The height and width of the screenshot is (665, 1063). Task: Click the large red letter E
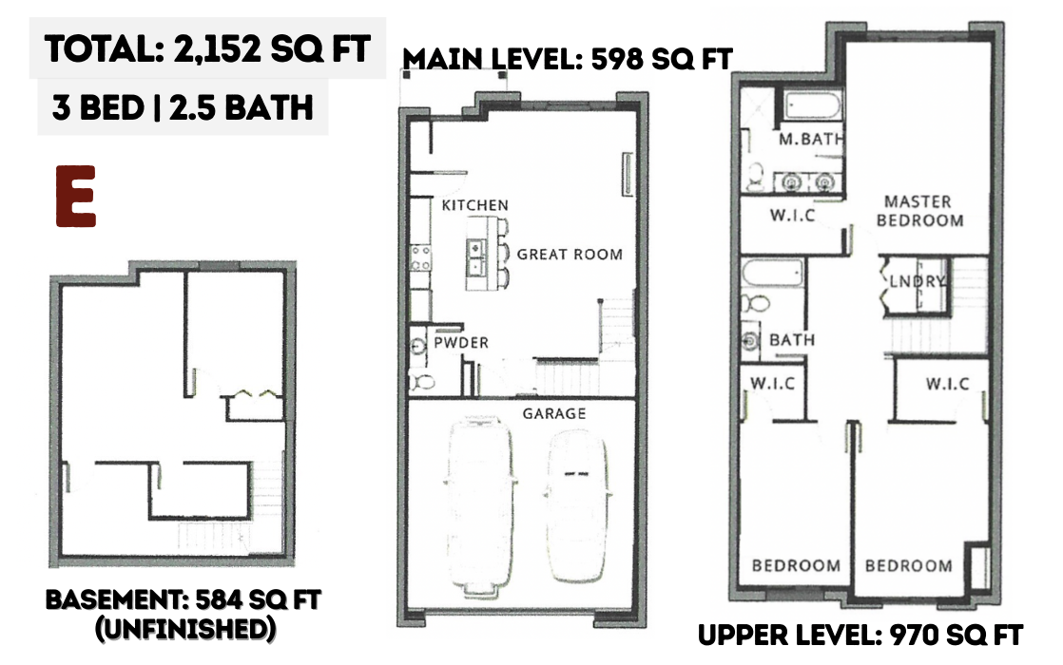76,197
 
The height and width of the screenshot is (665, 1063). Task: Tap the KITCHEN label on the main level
474,205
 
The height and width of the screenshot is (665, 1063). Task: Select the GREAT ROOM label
570,255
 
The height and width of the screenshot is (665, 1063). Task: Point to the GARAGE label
554,413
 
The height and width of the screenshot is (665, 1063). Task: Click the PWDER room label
461,343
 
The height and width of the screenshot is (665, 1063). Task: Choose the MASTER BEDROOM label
919,211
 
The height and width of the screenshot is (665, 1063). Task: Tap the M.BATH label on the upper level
811,140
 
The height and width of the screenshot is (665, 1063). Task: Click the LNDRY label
917,281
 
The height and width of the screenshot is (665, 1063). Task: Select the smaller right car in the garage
576,505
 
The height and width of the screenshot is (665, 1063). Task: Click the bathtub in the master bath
812,106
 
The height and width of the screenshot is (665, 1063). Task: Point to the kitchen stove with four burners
420,258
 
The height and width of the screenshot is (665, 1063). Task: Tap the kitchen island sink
475,257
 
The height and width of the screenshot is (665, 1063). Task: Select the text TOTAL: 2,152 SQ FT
207,48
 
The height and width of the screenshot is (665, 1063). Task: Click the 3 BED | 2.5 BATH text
184,107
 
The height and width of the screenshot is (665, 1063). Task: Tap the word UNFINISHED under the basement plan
185,629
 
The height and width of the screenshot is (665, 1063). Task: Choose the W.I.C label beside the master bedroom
793,216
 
